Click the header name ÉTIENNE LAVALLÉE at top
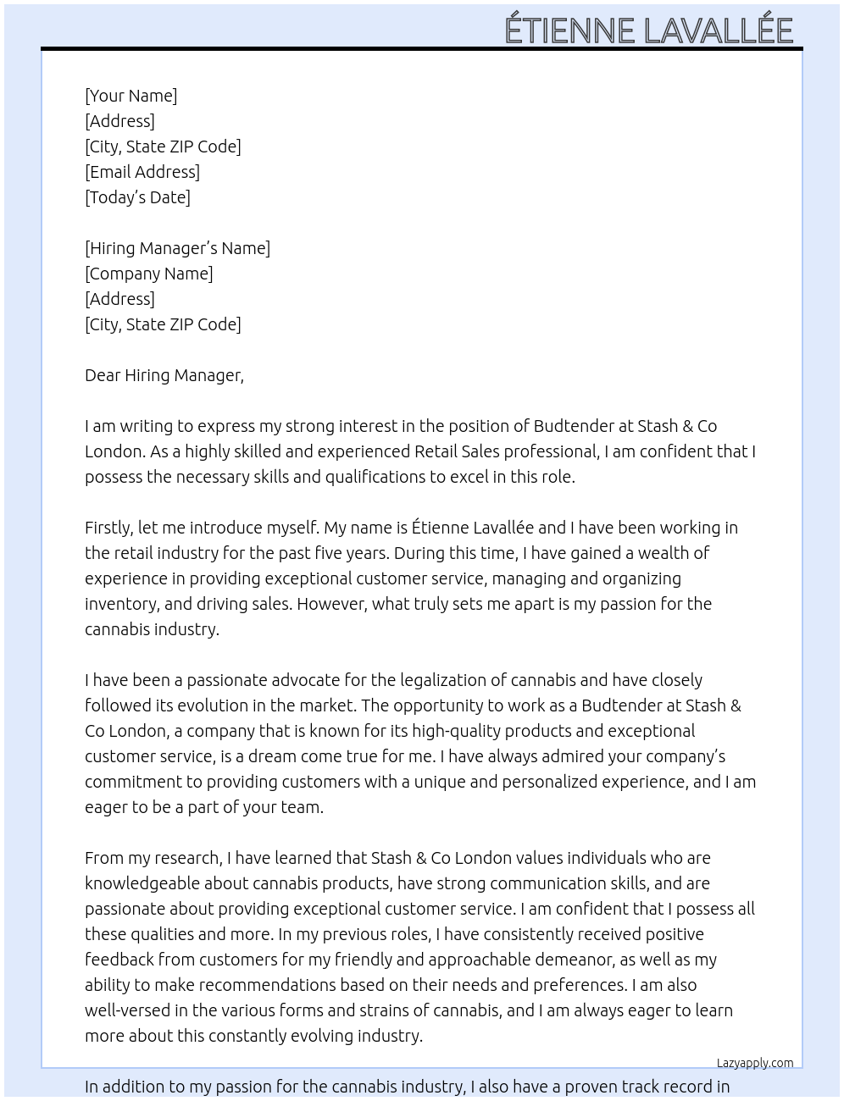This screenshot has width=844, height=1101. [648, 30]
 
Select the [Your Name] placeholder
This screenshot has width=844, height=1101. [130, 96]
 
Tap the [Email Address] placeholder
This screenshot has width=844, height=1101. [142, 172]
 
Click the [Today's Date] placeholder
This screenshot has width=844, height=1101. [137, 197]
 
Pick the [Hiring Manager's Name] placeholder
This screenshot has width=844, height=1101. [177, 248]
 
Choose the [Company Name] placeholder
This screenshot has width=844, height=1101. [148, 274]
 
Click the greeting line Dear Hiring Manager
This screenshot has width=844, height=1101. [164, 375]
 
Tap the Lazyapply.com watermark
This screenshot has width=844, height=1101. [754, 1063]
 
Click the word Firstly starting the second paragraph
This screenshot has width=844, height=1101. [108, 528]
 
